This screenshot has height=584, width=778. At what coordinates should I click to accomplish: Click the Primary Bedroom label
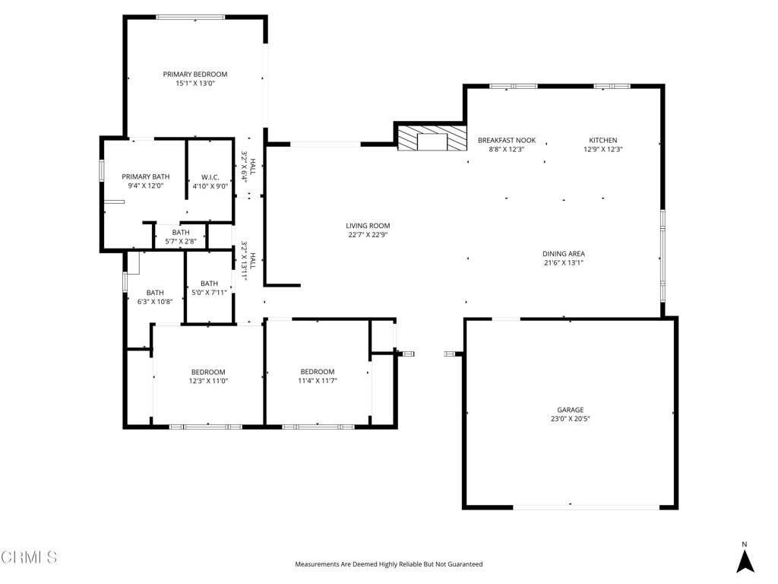(195, 75)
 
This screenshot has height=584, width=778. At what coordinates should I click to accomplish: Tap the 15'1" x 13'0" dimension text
(195, 84)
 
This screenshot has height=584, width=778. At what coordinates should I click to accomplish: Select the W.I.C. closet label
(210, 176)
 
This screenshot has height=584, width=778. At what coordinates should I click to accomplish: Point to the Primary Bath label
(146, 176)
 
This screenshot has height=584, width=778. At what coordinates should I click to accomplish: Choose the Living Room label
(368, 226)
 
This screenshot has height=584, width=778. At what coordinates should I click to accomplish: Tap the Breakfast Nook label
(507, 141)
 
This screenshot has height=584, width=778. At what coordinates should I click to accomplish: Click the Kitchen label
(603, 141)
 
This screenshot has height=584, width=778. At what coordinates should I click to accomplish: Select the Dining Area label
(564, 254)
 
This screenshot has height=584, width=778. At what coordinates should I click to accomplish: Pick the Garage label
(570, 410)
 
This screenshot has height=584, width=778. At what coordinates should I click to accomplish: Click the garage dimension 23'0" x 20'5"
(570, 419)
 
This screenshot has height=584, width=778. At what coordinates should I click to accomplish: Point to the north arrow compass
(745, 558)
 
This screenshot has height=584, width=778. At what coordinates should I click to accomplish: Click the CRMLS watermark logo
(29, 557)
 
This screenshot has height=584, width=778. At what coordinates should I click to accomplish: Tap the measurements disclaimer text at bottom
(388, 564)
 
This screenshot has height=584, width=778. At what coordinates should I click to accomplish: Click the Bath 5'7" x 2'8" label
(181, 237)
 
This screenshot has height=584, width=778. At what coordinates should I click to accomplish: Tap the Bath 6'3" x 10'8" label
(155, 297)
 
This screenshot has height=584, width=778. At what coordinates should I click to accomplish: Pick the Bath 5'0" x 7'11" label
(209, 288)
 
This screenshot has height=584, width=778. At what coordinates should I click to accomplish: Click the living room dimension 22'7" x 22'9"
(368, 235)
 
